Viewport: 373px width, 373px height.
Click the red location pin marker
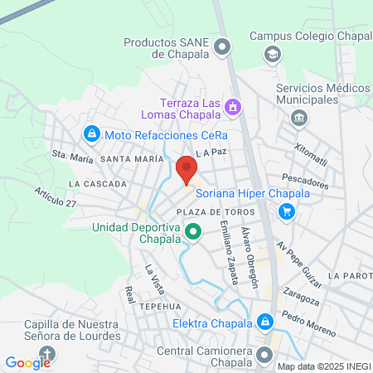pyautogui.click(x=186, y=170)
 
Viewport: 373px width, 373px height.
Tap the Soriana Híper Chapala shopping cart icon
pyautogui.click(x=286, y=211)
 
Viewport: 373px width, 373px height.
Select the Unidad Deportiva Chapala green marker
pyautogui.click(x=193, y=232)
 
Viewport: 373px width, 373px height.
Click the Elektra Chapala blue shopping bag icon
pyautogui.click(x=264, y=321)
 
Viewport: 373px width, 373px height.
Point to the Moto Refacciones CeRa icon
pyautogui.click(x=90, y=133)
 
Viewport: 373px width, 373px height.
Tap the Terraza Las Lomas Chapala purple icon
pyautogui.click(x=233, y=107)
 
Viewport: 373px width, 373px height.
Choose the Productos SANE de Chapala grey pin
pyautogui.click(x=221, y=48)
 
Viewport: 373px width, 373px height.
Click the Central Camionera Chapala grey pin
pyautogui.click(x=264, y=356)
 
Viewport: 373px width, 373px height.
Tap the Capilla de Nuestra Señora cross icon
pyautogui.click(x=47, y=355)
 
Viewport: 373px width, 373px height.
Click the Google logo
pyautogui.click(x=27, y=362)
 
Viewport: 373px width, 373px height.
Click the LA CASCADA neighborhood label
pyautogui.click(x=98, y=183)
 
